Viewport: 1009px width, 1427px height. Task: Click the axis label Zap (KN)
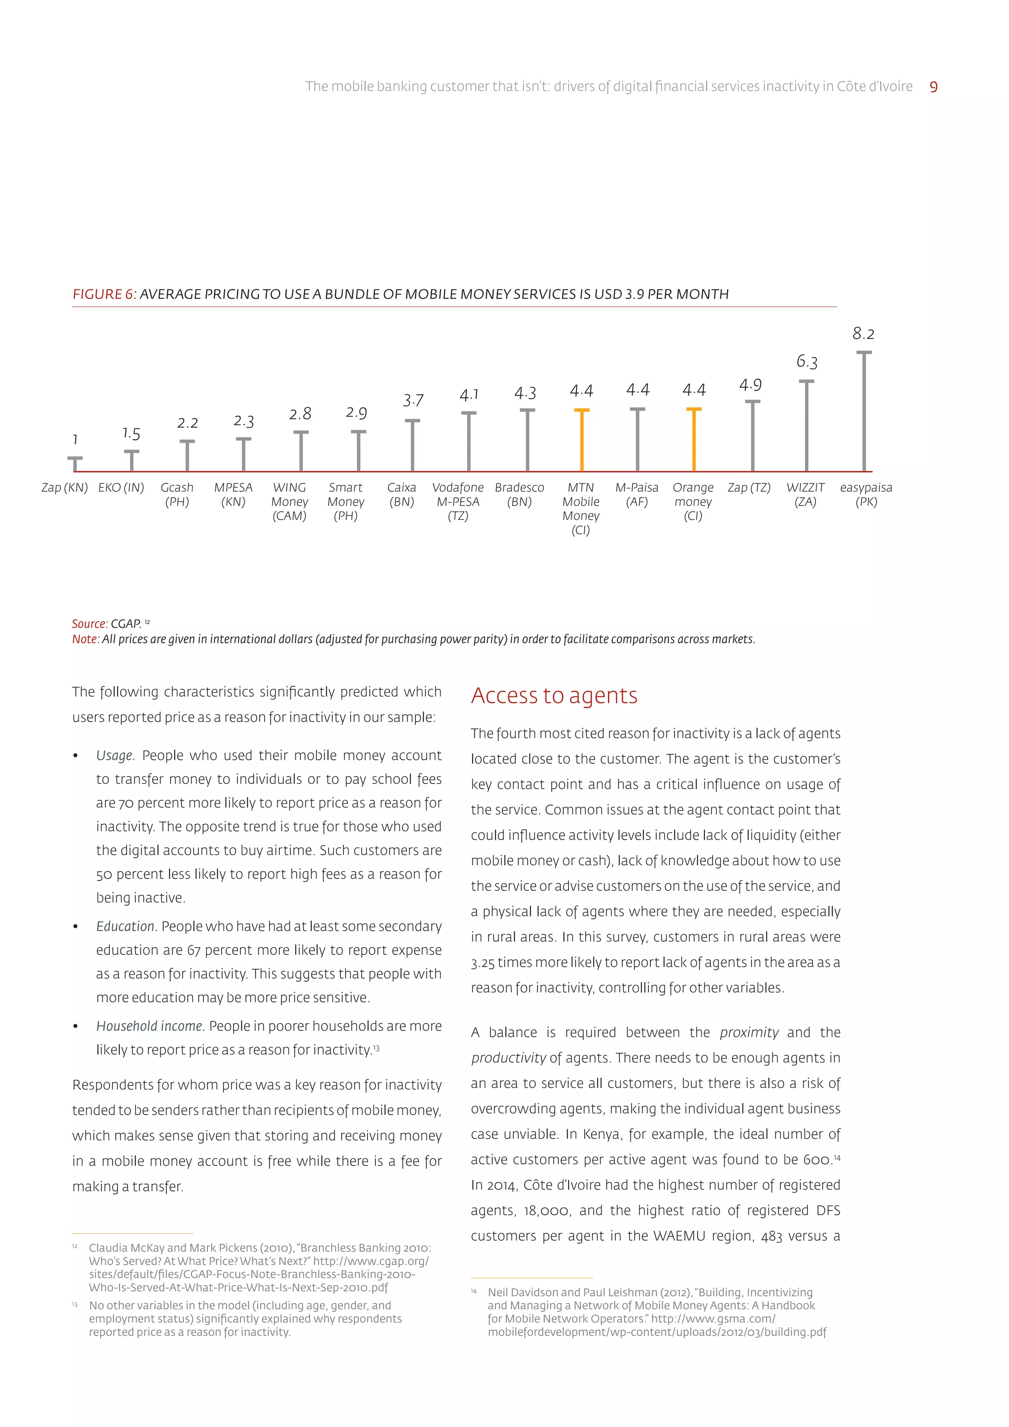65,488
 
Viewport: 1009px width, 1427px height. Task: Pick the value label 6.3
807,362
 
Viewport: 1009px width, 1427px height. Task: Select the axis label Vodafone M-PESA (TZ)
458,502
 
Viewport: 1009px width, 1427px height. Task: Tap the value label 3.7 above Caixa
413,400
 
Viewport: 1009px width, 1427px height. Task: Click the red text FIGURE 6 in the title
104,294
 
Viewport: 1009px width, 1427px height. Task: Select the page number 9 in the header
933,87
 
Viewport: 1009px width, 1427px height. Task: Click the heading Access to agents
554,695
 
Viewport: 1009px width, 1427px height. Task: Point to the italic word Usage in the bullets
114,755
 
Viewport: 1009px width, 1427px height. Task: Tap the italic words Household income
150,1026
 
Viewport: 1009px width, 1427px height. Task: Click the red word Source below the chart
89,623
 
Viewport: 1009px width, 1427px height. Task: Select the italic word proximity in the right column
749,1032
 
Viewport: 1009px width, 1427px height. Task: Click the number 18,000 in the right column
545,1210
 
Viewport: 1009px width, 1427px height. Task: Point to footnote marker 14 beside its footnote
473,1291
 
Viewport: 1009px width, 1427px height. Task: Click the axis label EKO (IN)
121,488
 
